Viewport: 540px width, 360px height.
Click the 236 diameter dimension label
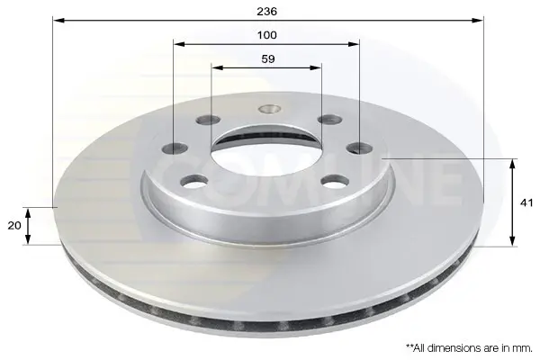pyautogui.click(x=267, y=12)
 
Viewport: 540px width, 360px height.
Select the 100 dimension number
pyautogui.click(x=267, y=35)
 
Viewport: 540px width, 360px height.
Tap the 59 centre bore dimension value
pyautogui.click(x=268, y=58)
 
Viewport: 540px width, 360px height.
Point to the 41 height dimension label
pyautogui.click(x=526, y=202)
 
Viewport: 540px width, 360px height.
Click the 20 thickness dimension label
pyautogui.click(x=14, y=226)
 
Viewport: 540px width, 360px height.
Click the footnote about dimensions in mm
pyautogui.click(x=470, y=348)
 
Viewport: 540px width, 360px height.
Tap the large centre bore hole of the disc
pyautogui.click(x=266, y=150)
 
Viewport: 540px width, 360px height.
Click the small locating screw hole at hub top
pyautogui.click(x=270, y=109)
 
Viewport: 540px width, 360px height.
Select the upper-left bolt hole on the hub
pyautogui.click(x=208, y=120)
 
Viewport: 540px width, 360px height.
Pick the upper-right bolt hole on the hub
pyautogui.click(x=330, y=120)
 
